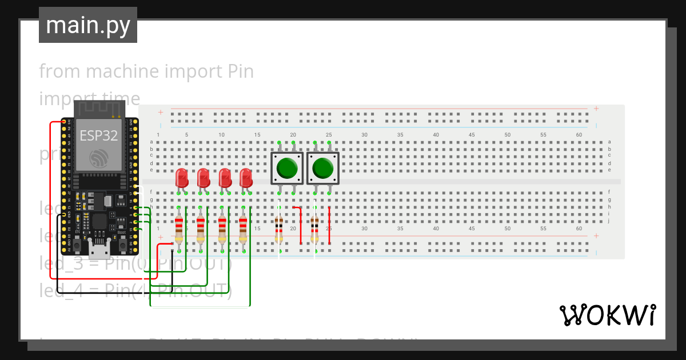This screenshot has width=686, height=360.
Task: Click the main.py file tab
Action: (87, 25)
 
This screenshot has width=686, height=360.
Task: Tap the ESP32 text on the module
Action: (99, 136)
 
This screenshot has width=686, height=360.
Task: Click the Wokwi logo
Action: (607, 315)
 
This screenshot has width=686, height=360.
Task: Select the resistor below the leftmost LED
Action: (179, 229)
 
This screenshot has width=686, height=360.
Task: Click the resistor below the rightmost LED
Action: (243, 229)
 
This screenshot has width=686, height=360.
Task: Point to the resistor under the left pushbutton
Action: (279, 230)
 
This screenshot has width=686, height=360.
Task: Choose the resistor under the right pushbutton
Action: (314, 230)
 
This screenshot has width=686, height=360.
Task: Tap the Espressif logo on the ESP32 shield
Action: (99, 158)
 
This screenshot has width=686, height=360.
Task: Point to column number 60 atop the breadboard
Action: (579, 135)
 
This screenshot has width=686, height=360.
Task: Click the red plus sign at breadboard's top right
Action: (596, 109)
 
